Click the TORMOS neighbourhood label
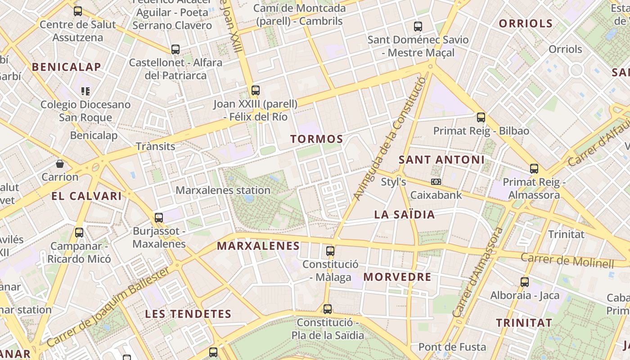click(316, 139)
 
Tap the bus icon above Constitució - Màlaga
click(330, 251)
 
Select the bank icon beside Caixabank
click(436, 182)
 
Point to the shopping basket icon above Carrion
click(60, 163)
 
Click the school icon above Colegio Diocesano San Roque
click(85, 91)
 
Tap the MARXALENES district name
click(258, 246)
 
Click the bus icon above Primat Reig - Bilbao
click(481, 117)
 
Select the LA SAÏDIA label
click(405, 215)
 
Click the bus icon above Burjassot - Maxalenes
click(159, 218)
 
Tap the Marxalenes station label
click(223, 190)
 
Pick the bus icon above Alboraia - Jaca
click(525, 282)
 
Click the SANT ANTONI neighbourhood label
click(441, 160)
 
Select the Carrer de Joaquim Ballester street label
click(108, 307)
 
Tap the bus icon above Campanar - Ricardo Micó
click(79, 233)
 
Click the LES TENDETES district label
click(188, 314)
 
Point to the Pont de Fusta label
click(452, 347)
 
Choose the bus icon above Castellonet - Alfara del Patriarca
click(175, 49)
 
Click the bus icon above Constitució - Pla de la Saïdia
click(328, 309)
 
